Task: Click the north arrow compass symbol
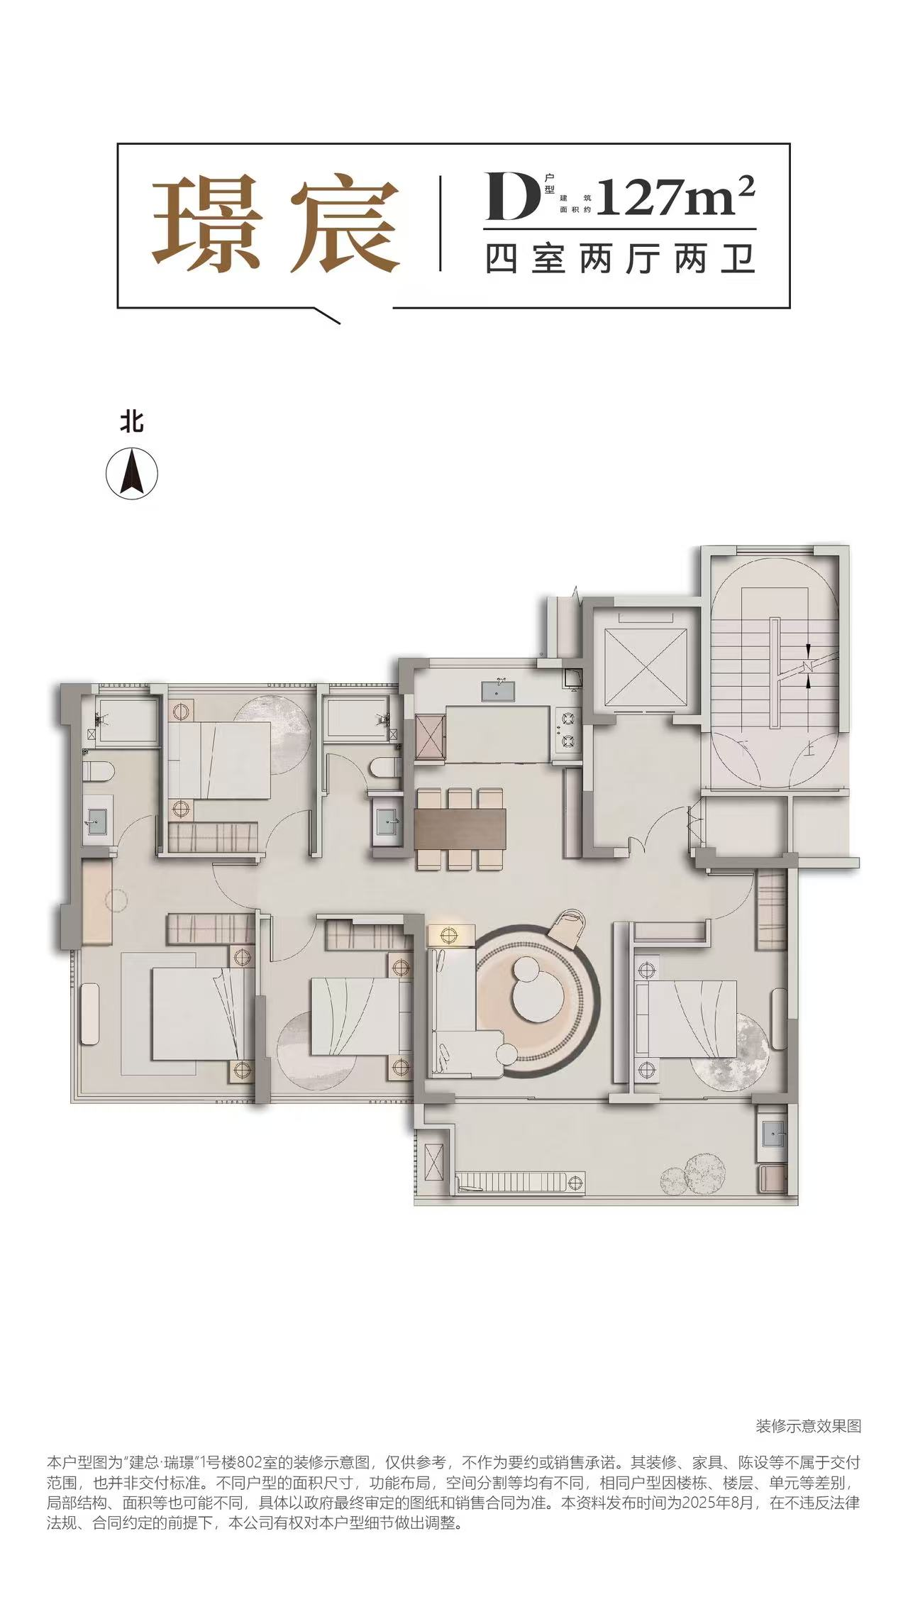point(132,472)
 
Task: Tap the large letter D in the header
point(507,194)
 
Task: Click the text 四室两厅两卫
point(619,259)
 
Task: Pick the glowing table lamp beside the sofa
point(446,934)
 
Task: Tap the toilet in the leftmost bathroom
point(99,771)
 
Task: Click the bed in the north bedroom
point(220,760)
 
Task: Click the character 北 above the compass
point(132,423)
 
